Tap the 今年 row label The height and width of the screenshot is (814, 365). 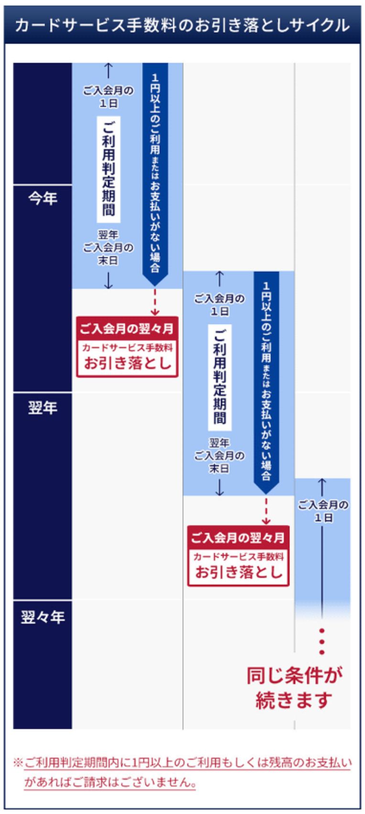43,198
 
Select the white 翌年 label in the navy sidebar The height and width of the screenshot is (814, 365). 43,408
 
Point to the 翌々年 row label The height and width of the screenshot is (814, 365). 43,617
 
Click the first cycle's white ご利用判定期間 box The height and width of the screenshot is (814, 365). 108,169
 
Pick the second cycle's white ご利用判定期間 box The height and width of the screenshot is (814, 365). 219,377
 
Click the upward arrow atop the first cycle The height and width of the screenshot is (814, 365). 108,70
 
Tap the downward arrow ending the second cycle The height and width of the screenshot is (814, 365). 219,487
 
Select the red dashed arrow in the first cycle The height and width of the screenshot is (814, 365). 155,302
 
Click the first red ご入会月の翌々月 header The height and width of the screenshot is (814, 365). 127,329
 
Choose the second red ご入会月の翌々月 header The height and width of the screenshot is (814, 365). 238,538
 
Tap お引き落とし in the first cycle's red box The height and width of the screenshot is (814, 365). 127,363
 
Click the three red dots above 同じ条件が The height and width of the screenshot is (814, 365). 322,641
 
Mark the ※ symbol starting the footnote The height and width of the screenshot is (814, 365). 18,762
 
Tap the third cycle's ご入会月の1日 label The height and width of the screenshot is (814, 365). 323,511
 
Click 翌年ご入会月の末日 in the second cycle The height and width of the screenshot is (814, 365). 219,456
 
